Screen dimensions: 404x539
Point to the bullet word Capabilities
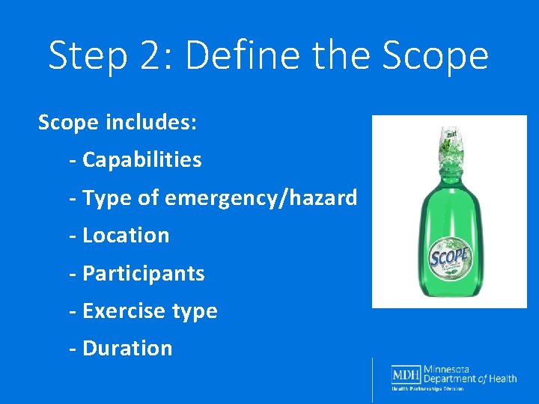point(141,159)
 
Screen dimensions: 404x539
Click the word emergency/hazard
point(261,198)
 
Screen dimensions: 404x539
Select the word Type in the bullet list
point(104,198)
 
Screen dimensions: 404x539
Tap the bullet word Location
point(126,235)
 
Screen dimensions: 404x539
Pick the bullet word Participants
point(143,273)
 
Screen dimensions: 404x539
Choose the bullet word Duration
point(127,348)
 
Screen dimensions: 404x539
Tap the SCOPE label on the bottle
point(448,258)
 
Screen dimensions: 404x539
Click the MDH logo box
point(405,374)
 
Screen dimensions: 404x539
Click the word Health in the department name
point(501,379)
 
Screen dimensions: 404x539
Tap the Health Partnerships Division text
point(427,388)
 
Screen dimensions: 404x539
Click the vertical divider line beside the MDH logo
point(372,379)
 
